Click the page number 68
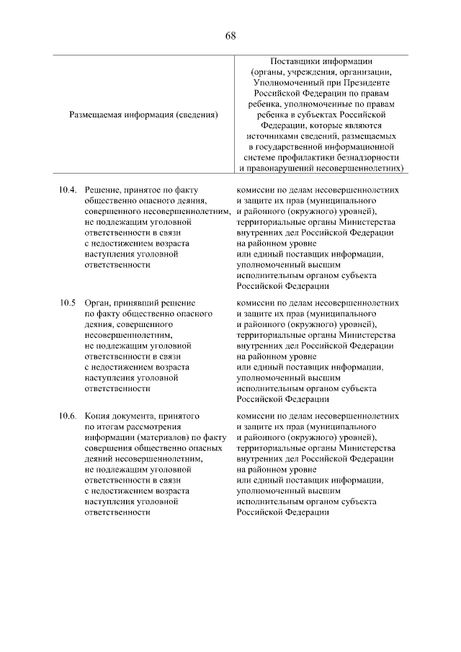pos(230,36)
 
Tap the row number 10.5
pos(67,303)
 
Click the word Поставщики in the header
pos(295,62)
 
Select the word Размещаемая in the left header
pos(97,114)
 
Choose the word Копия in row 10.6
pos(98,416)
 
